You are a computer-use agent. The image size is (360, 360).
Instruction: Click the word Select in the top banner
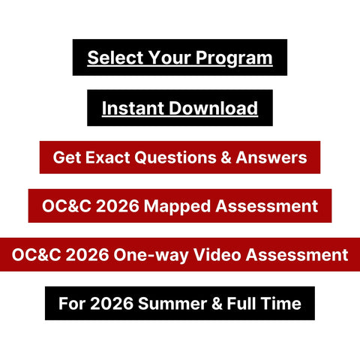pyautogui.click(x=109, y=58)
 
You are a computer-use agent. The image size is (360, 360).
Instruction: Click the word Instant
pyautogui.click(x=130, y=108)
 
